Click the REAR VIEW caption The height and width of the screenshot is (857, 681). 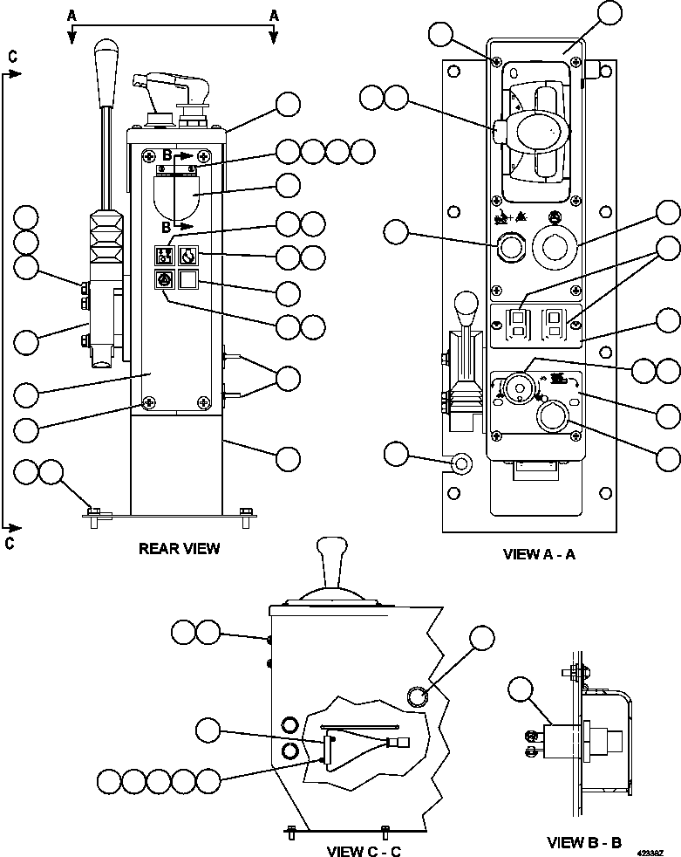179,549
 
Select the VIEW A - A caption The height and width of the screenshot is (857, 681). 539,554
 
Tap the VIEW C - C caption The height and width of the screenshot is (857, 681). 364,851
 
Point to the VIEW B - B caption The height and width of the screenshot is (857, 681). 584,842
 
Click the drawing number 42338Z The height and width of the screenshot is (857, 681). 650,848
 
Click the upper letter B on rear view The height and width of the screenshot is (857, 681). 167,154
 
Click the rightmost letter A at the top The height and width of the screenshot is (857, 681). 274,15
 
